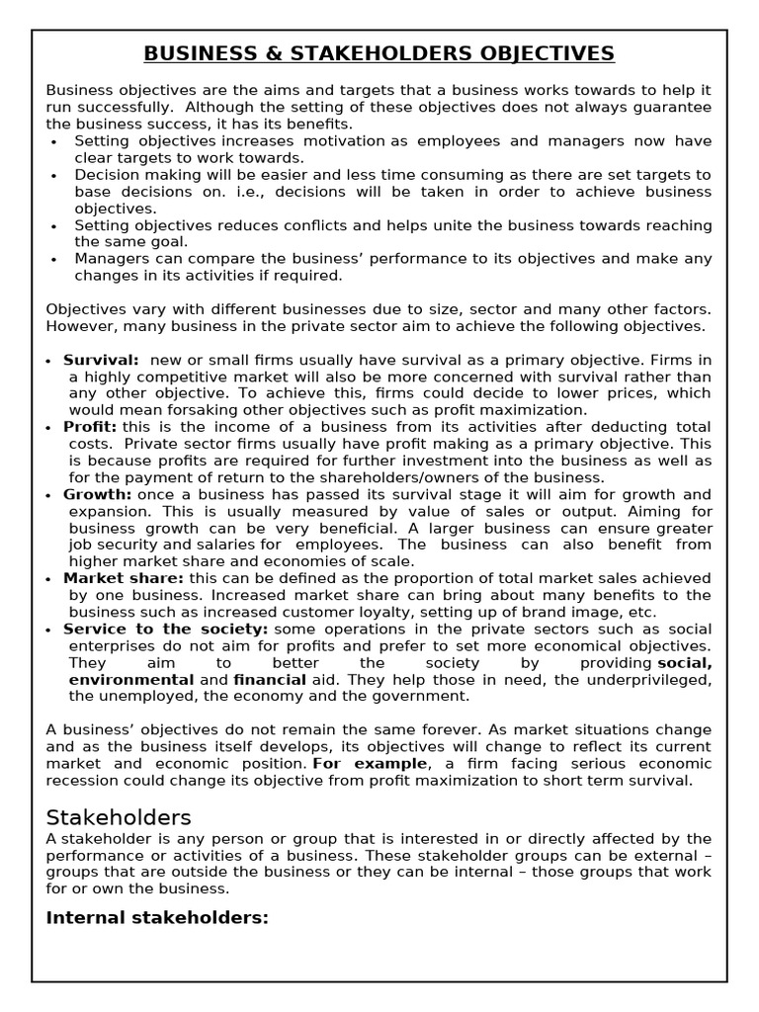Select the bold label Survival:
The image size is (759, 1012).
[101, 360]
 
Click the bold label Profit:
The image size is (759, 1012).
[90, 427]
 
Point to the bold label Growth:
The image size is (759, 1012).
[97, 494]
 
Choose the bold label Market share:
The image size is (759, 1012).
[124, 578]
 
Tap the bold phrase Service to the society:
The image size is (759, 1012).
[165, 629]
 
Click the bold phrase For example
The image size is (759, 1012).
[371, 764]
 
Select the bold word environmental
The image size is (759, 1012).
[130, 680]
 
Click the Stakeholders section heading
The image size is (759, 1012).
[119, 817]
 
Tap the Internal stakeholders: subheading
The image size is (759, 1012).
[157, 918]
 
